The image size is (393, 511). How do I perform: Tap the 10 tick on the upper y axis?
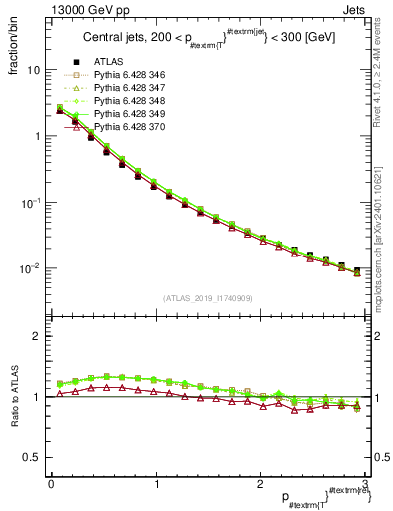[x=33, y=70]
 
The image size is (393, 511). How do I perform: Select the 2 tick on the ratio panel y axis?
[x=37, y=336]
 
